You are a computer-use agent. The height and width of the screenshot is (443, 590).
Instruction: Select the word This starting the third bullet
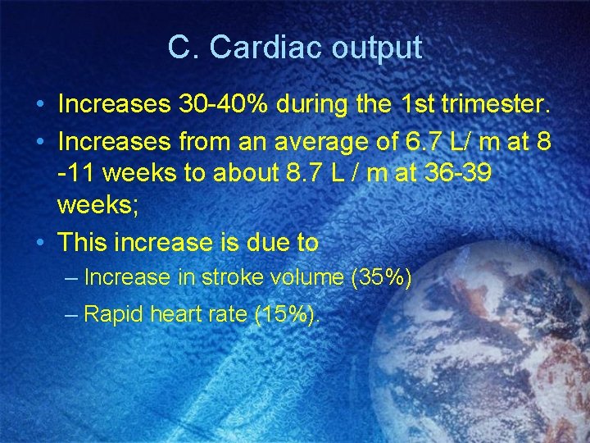coord(85,243)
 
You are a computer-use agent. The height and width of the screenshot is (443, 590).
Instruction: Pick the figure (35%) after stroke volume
coord(381,278)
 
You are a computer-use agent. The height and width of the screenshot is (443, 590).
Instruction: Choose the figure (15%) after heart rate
coord(287,314)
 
